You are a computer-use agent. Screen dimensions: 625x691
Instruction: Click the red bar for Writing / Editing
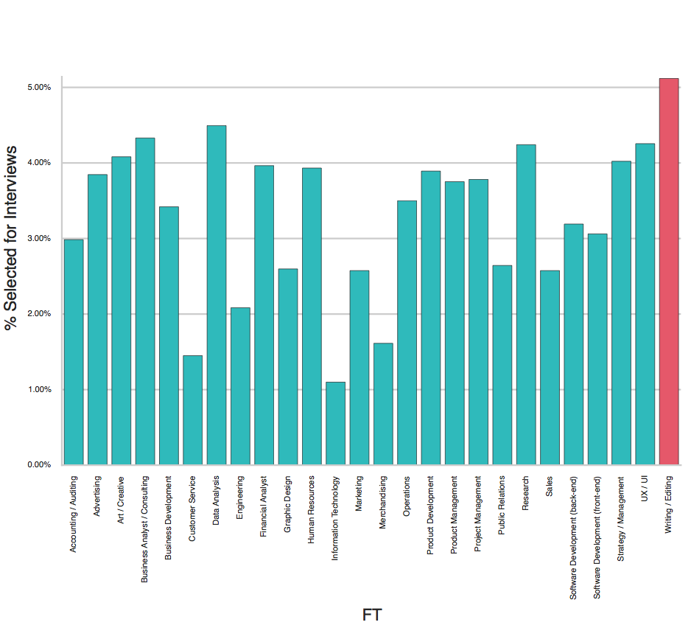click(x=668, y=273)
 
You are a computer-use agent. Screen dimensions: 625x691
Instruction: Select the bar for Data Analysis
click(x=217, y=295)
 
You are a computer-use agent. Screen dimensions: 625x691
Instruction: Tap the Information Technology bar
click(x=335, y=424)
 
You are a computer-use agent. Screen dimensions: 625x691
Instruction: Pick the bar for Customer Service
click(x=192, y=411)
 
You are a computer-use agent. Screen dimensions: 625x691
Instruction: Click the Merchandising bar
click(x=383, y=404)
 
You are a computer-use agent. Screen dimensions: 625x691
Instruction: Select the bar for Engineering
click(x=240, y=386)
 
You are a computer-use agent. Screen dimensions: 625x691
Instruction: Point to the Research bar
click(x=526, y=305)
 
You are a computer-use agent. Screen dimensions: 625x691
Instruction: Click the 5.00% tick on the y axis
click(x=38, y=87)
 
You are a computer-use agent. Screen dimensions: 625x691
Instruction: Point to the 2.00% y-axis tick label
click(x=38, y=314)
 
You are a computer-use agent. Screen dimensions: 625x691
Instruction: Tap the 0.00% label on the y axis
click(x=38, y=465)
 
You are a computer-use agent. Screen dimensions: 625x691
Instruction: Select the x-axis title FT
click(x=372, y=614)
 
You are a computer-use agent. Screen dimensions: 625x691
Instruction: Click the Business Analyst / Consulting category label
click(x=145, y=530)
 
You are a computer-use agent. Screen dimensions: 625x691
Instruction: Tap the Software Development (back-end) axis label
click(x=573, y=537)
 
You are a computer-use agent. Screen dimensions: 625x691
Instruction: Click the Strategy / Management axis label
click(x=621, y=519)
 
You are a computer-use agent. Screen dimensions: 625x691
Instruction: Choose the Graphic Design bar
click(x=288, y=367)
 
